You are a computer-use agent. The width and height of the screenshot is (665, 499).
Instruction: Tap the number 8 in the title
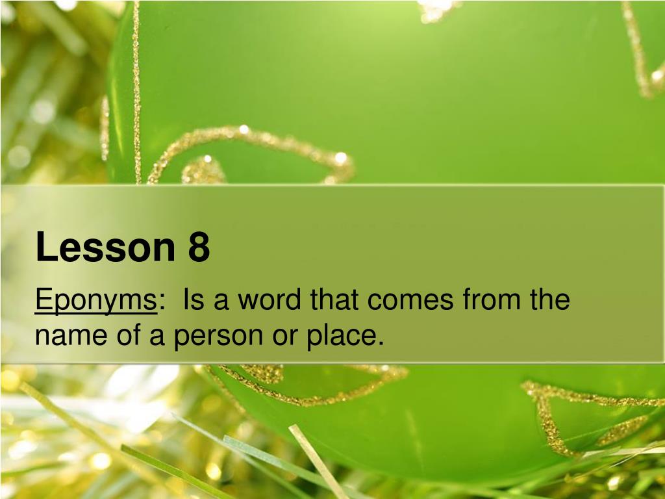[199, 248]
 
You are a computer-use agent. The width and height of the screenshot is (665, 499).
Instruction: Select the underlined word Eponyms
[95, 301]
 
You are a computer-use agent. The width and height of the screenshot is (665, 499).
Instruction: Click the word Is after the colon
[192, 300]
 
